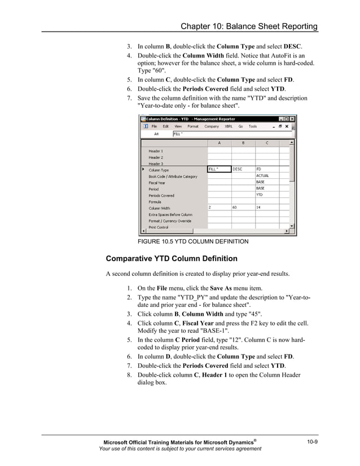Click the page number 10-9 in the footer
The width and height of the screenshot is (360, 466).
click(312, 441)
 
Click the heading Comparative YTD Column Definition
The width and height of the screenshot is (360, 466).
click(172, 259)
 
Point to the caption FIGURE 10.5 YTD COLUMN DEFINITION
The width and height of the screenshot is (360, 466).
click(193, 241)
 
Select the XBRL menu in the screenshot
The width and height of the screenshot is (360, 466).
click(229, 126)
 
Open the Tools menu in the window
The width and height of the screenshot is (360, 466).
click(253, 126)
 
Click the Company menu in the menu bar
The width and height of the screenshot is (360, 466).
click(212, 126)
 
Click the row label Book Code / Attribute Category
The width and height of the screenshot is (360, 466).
click(173, 177)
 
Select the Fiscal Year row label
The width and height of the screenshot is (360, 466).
click(157, 183)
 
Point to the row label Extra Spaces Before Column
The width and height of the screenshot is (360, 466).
click(170, 214)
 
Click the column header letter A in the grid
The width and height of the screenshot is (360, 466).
click(219, 143)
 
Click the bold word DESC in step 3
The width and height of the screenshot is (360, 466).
click(292, 46)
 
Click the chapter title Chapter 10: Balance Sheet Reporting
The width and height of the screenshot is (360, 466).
click(249, 27)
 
